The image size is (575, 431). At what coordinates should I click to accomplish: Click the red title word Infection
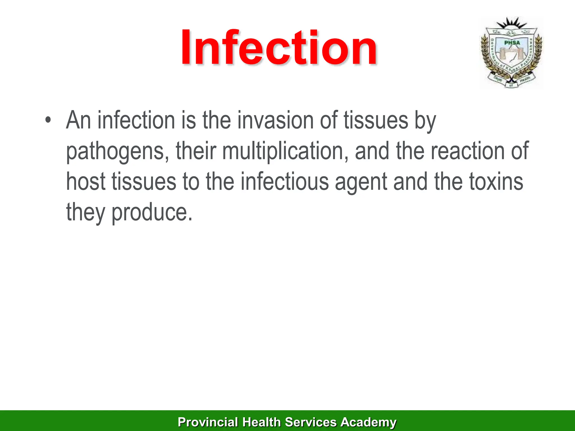tap(279, 48)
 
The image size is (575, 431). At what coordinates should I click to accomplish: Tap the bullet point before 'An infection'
tap(48, 120)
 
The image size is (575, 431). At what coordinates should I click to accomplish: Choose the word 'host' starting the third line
tap(86, 182)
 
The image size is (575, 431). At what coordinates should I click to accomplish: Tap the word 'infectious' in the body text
tap(284, 182)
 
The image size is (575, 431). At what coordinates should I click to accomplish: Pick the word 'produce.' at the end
tap(152, 212)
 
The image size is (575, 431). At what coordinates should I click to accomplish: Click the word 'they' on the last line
tap(85, 212)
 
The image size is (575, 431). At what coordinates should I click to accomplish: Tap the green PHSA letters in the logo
tap(512, 43)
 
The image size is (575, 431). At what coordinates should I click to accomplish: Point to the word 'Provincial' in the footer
tap(208, 422)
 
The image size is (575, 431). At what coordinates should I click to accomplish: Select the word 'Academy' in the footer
tap(368, 422)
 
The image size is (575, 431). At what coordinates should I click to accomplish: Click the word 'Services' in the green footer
tap(311, 422)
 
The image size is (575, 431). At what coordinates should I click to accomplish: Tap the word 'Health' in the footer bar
tap(261, 422)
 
